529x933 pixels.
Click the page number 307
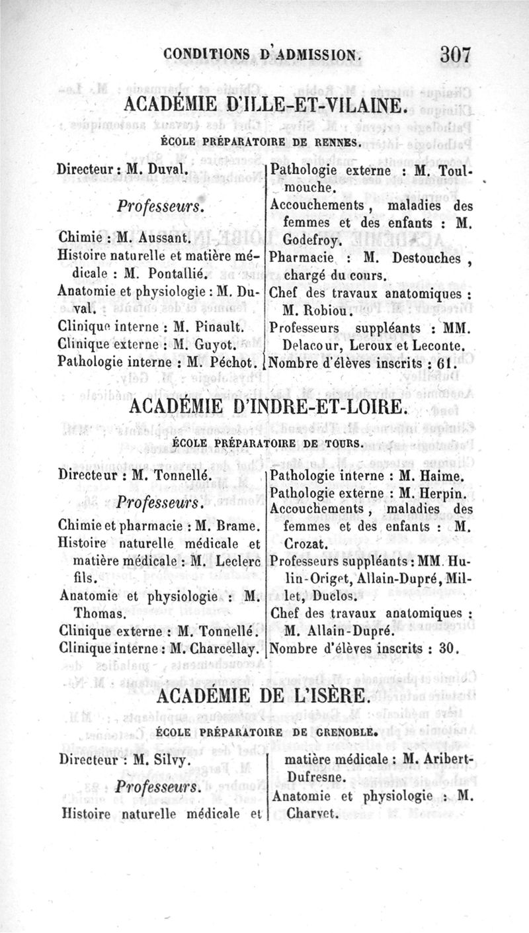click(x=456, y=54)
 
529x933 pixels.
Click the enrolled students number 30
click(x=448, y=649)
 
